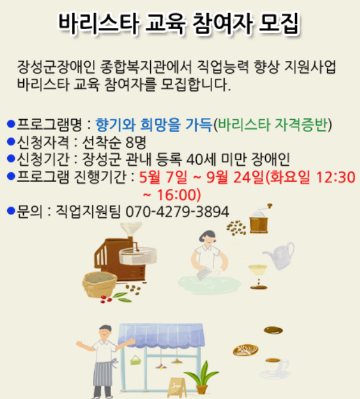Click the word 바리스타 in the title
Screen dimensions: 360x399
pyautogui.click(x=99, y=24)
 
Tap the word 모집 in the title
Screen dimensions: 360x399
pyautogui.click(x=280, y=23)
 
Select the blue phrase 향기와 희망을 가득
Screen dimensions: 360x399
pyautogui.click(x=154, y=125)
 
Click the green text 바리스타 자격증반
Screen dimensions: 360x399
pyautogui.click(x=272, y=125)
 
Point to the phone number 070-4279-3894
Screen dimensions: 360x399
pyautogui.click(x=178, y=212)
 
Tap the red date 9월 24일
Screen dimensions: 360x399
pyautogui.click(x=234, y=177)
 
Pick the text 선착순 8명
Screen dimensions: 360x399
pyautogui.click(x=114, y=142)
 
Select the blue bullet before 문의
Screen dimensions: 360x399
pyautogui.click(x=11, y=211)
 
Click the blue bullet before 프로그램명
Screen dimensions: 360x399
pyautogui.click(x=11, y=124)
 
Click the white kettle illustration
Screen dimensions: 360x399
pyautogui.click(x=280, y=255)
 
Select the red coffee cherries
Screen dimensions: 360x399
pyautogui.click(x=106, y=299)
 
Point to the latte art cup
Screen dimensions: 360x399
pyautogui.click(x=246, y=350)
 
